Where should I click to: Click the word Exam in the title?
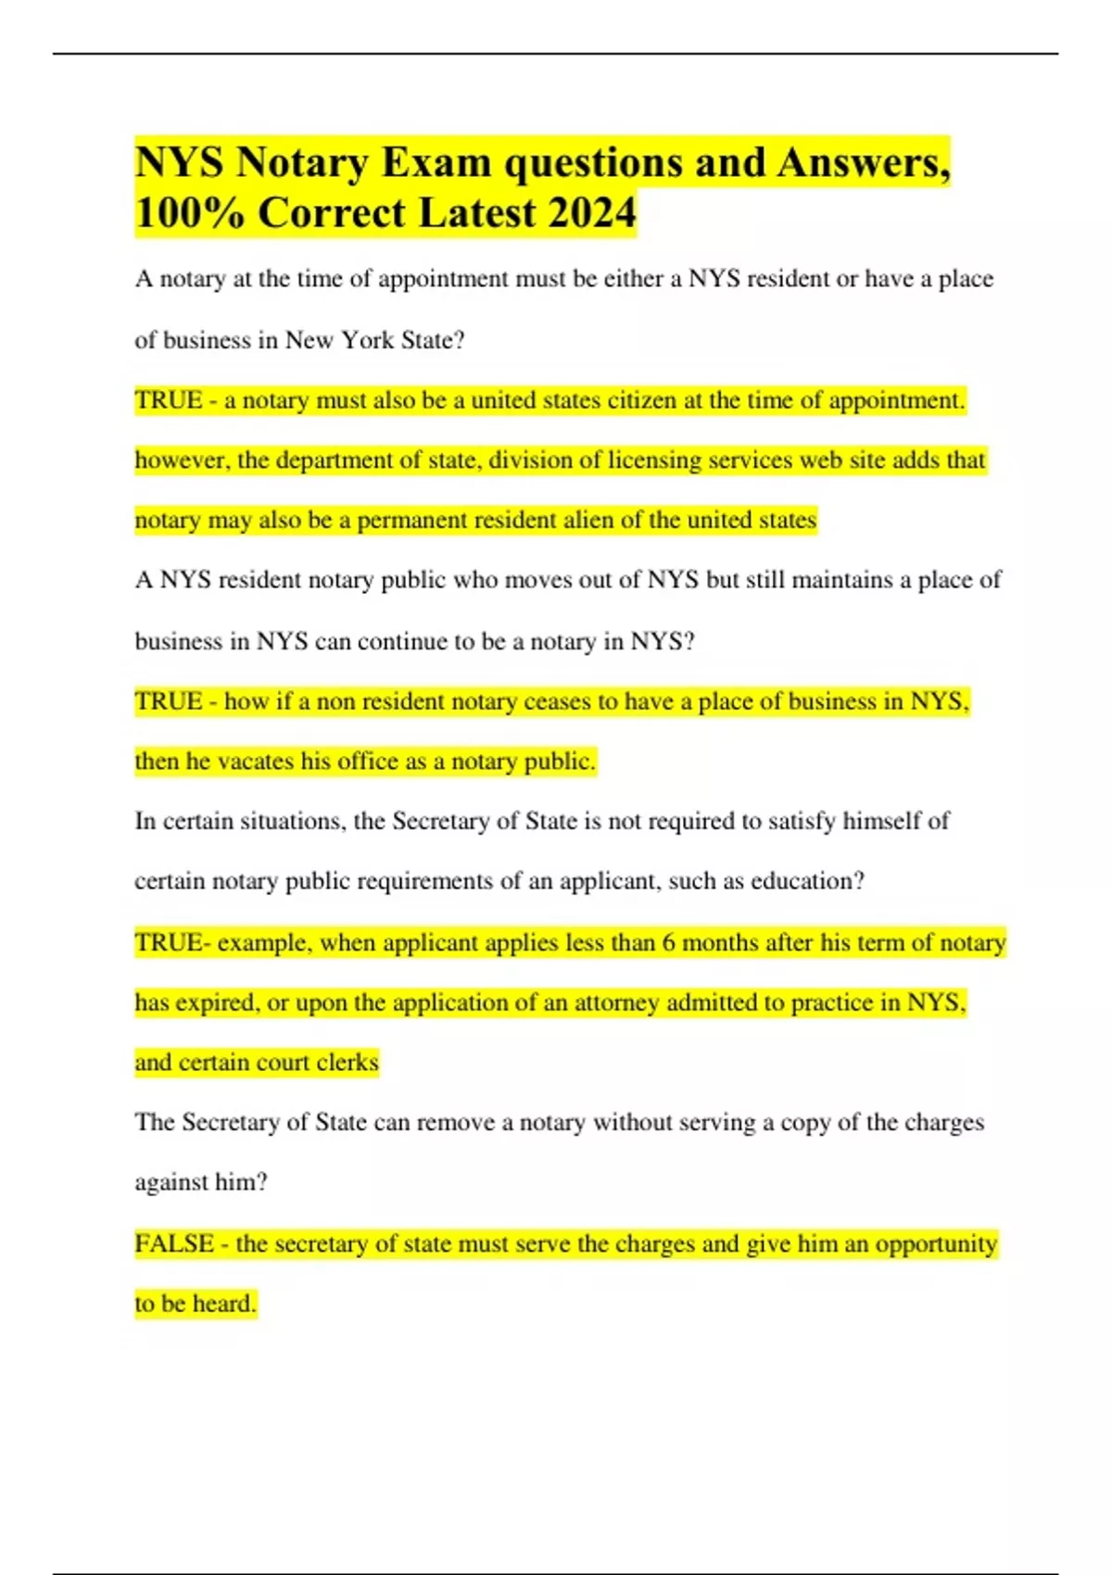pyautogui.click(x=436, y=163)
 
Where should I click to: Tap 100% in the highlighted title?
pyautogui.click(x=190, y=212)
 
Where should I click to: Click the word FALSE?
pyautogui.click(x=174, y=1243)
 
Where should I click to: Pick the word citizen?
pyautogui.click(x=641, y=400)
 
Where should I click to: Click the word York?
pyautogui.click(x=368, y=340)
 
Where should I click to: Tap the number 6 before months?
pyautogui.click(x=668, y=942)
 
